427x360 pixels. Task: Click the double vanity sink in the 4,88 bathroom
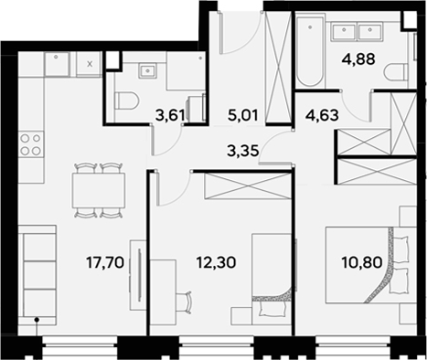pyautogui.click(x=359, y=33)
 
